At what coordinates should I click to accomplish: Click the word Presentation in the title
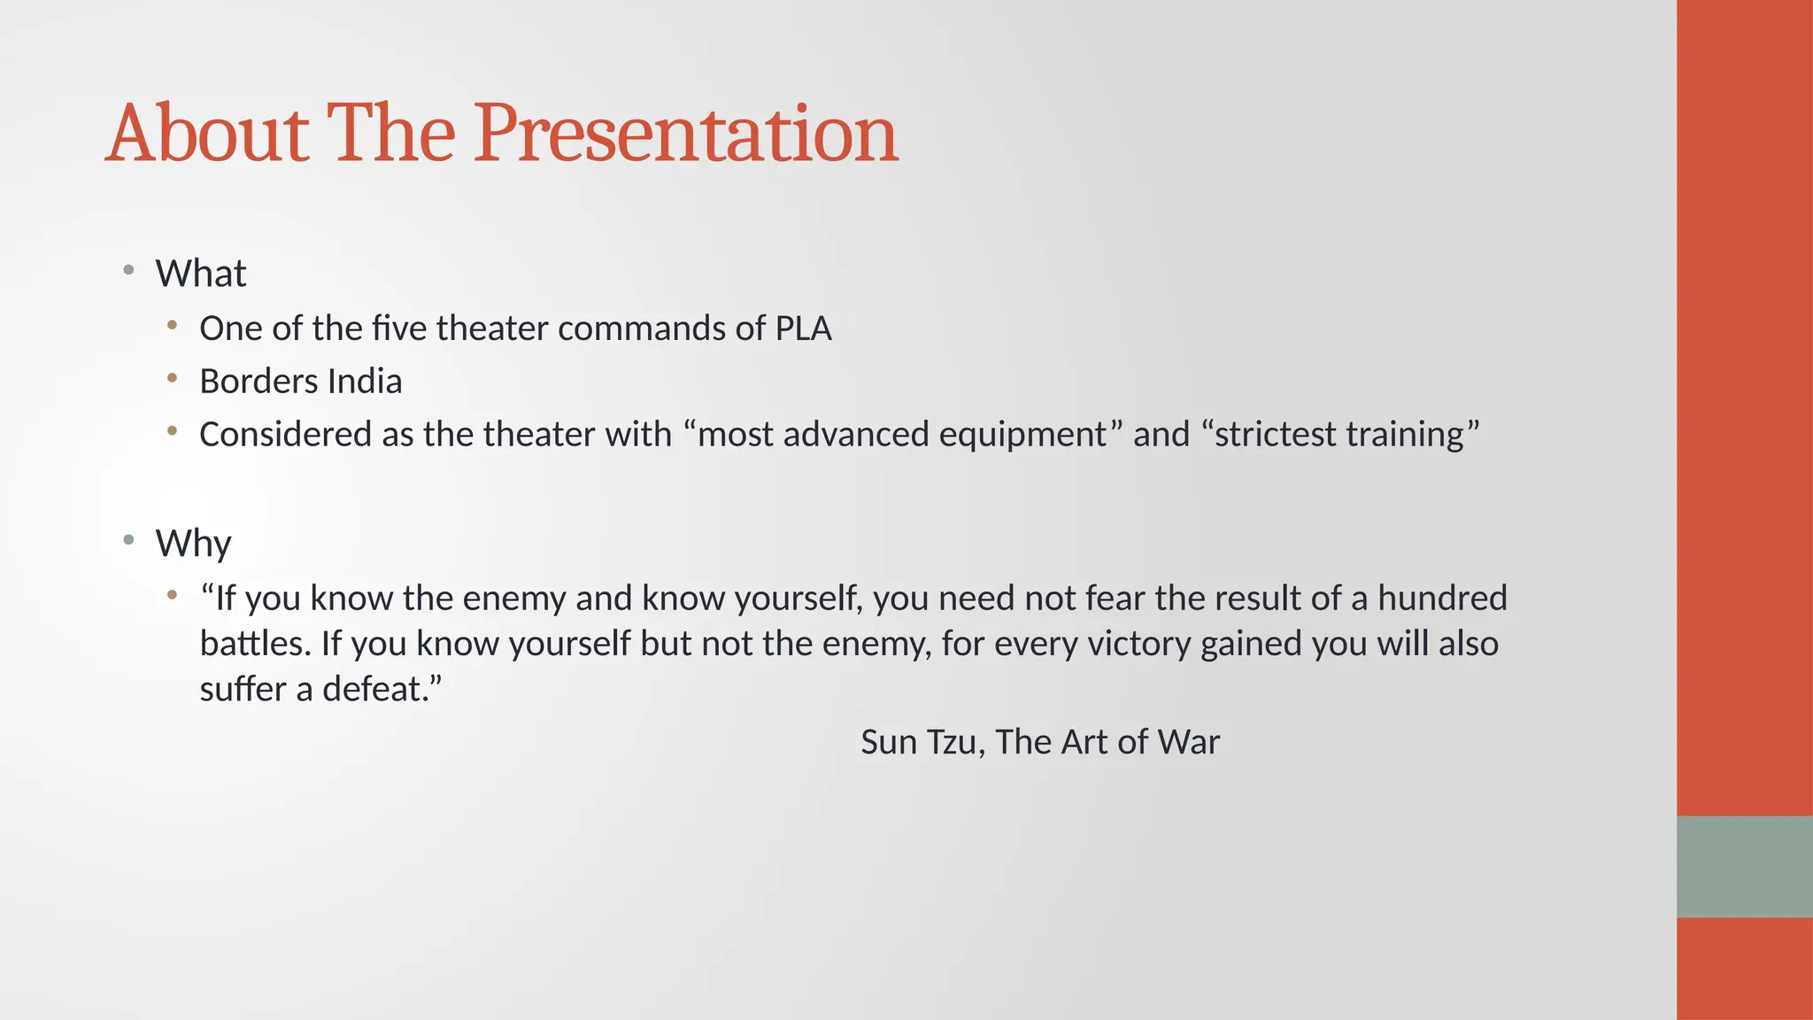(x=686, y=135)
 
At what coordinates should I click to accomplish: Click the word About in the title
(x=207, y=135)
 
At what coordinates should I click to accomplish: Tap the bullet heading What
(x=201, y=274)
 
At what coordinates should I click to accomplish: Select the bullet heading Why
(x=193, y=543)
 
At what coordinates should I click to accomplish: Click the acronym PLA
(x=803, y=328)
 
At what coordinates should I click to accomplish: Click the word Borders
(x=258, y=382)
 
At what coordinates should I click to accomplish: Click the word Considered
(x=285, y=435)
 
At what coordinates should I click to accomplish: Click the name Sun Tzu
(x=919, y=742)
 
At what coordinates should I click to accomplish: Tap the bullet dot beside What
(x=129, y=269)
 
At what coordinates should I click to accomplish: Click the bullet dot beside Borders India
(x=173, y=379)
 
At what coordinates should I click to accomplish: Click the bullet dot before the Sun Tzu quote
(x=173, y=595)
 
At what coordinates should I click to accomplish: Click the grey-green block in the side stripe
(x=1744, y=866)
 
